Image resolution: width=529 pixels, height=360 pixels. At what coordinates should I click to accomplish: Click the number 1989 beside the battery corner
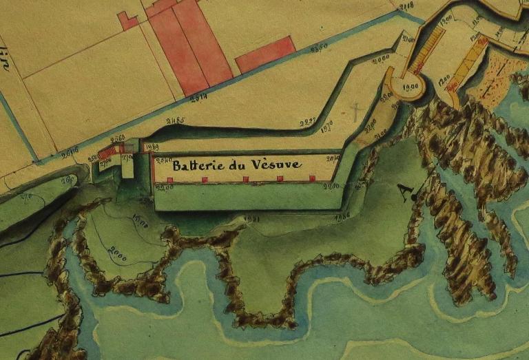point(152,146)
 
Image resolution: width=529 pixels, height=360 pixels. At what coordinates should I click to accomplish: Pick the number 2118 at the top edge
point(406,7)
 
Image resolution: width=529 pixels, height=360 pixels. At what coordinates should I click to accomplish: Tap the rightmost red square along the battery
point(312,179)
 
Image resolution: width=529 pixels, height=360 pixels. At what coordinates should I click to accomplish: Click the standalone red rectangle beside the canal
point(266,54)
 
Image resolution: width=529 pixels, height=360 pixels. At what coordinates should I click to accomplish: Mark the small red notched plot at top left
point(127,21)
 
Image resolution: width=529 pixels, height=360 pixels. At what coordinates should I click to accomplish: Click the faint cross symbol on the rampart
point(356,111)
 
